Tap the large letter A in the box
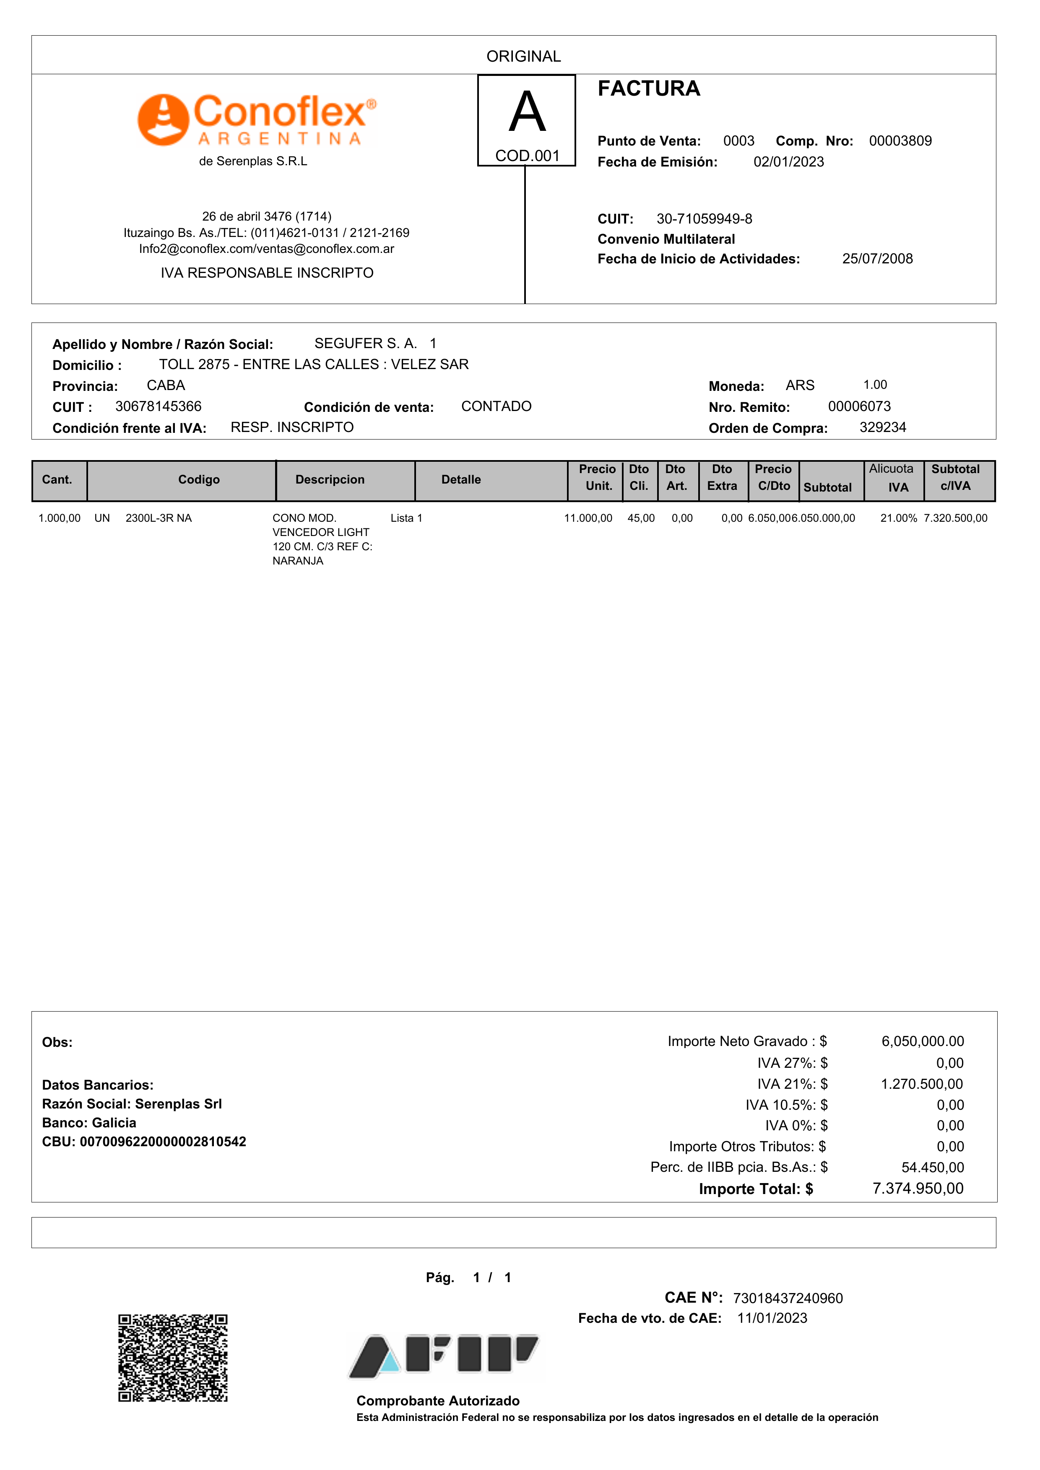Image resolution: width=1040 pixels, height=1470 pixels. click(x=527, y=113)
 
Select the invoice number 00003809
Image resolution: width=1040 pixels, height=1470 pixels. click(x=900, y=141)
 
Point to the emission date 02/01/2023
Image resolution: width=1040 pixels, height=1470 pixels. click(x=788, y=162)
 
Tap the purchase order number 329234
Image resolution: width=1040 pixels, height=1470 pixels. click(x=882, y=428)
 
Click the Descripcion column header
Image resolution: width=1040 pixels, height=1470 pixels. click(x=330, y=480)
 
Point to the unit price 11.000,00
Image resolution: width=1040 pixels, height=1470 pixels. click(x=588, y=518)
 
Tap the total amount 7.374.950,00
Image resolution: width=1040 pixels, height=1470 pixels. click(x=918, y=1189)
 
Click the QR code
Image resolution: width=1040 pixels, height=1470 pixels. click(x=173, y=1358)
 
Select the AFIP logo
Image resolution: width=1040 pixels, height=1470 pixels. click(x=444, y=1356)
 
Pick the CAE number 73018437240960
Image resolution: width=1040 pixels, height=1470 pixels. click(x=788, y=1298)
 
